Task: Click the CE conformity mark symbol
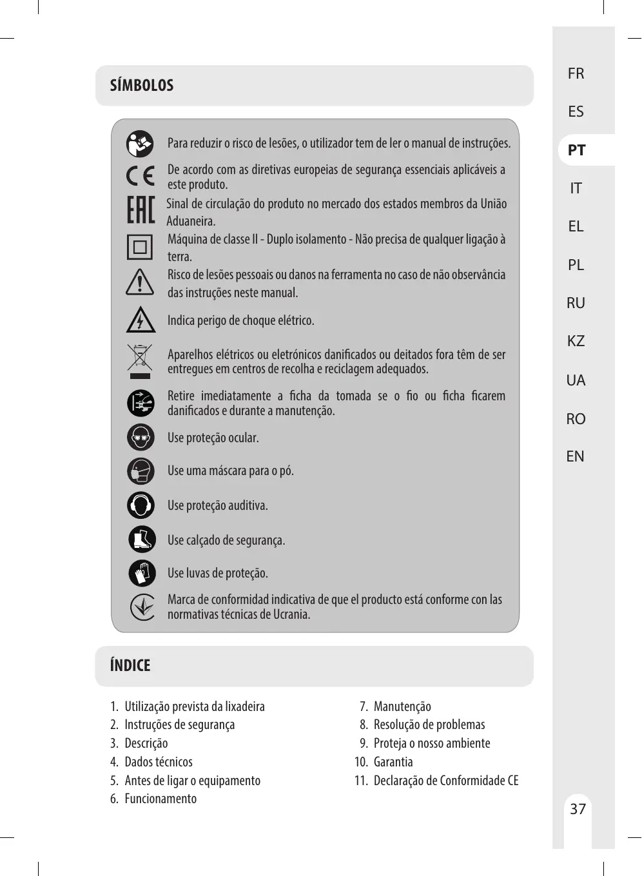click(x=141, y=176)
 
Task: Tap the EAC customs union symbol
click(x=141, y=210)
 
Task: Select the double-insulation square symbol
click(x=140, y=247)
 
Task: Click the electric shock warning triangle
click(x=140, y=320)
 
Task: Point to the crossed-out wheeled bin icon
click(x=140, y=358)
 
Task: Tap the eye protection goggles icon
click(x=141, y=438)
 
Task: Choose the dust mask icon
click(x=141, y=471)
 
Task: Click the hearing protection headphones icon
click(x=141, y=505)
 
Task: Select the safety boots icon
click(x=141, y=540)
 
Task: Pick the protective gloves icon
click(x=142, y=573)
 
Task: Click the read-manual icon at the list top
click(x=140, y=144)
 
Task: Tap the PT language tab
click(x=577, y=150)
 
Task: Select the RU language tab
click(x=576, y=303)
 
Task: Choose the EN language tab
click(x=575, y=456)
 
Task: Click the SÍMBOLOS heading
click(x=142, y=85)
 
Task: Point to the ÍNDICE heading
click(x=130, y=665)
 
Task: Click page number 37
click(x=578, y=809)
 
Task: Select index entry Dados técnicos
click(x=159, y=762)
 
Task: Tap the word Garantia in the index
click(x=393, y=762)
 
